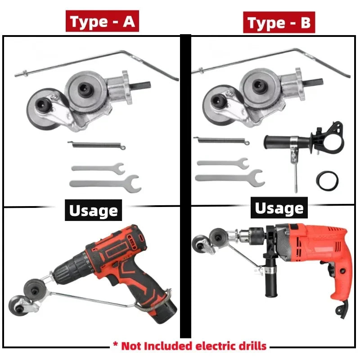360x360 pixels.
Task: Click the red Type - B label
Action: tap(279, 22)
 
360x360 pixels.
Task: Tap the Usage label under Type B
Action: tap(279, 208)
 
